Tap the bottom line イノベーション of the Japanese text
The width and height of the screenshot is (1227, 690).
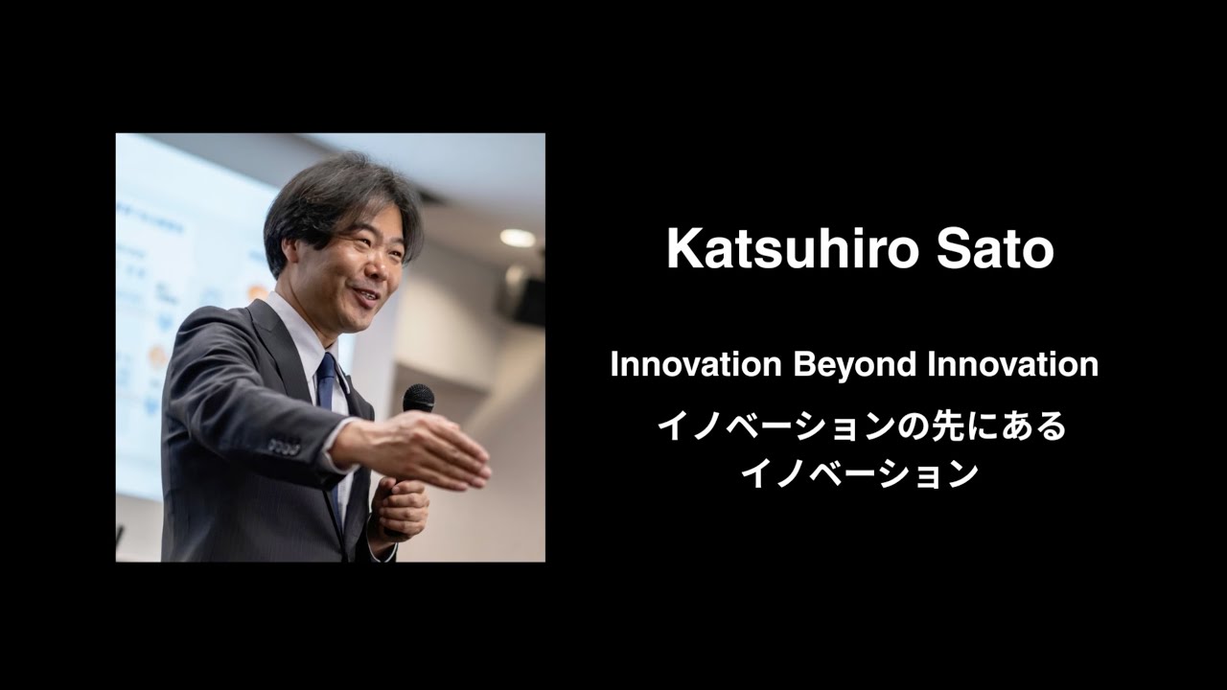click(x=860, y=473)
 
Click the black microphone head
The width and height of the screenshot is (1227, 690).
click(x=418, y=397)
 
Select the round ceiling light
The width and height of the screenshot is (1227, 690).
click(x=518, y=238)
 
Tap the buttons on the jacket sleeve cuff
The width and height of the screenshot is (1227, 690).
click(x=284, y=447)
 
